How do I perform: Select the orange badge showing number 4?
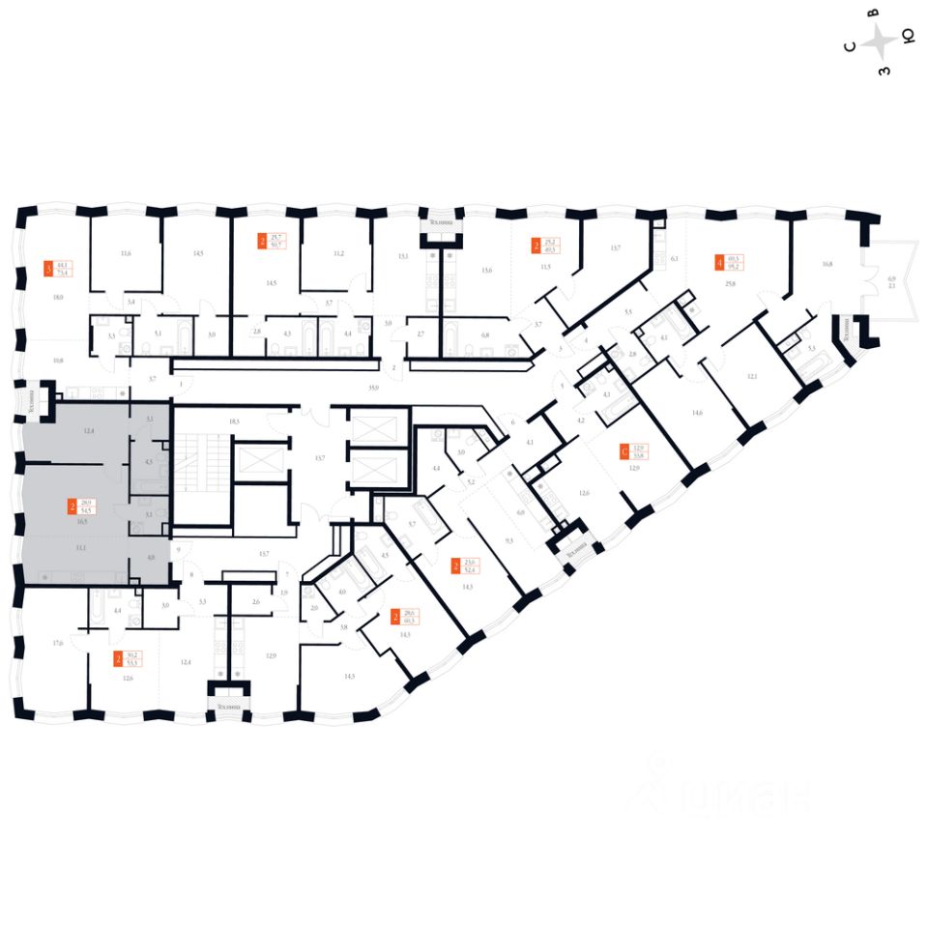[x=718, y=261]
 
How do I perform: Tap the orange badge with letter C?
[x=624, y=449]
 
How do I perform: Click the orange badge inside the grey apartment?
[x=72, y=505]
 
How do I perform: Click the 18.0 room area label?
[x=58, y=299]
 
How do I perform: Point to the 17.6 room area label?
[x=58, y=642]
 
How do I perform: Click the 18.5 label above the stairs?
[x=232, y=422]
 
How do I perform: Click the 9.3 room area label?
[x=508, y=541]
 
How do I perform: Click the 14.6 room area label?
[x=696, y=413]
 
